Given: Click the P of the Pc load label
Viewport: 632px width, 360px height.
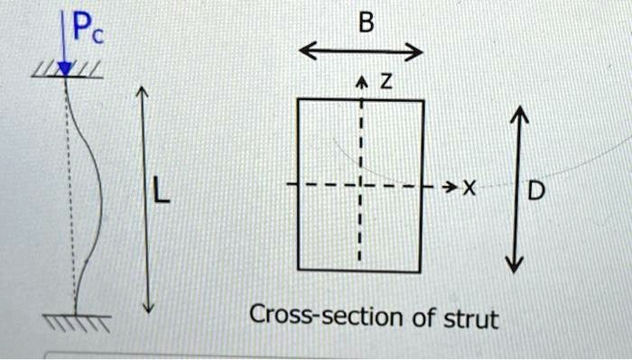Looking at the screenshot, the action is point(81,31).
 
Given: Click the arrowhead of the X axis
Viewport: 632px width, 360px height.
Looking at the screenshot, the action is point(450,187).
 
